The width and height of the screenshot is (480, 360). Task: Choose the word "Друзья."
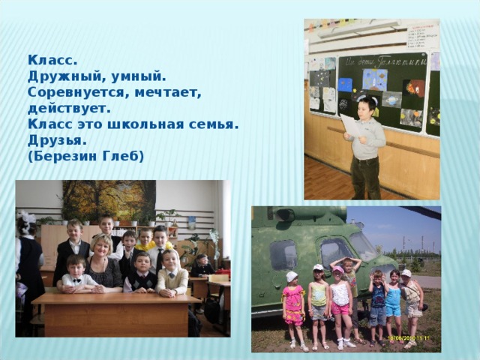coord(57,140)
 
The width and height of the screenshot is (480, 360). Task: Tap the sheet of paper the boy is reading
coord(348,124)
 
